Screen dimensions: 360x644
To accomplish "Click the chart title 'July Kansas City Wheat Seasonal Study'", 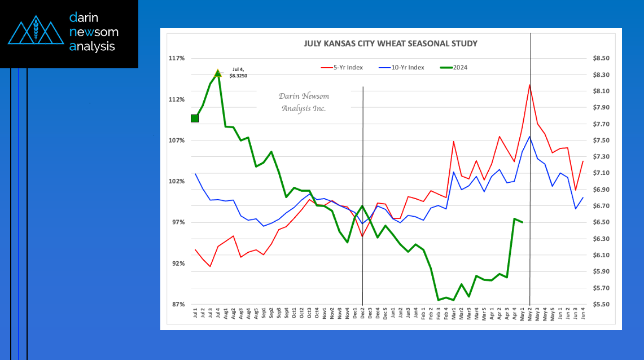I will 391,43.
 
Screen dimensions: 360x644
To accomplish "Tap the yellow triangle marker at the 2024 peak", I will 218,73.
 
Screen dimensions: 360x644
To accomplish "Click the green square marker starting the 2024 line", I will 195,118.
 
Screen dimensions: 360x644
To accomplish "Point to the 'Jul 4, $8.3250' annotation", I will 238,73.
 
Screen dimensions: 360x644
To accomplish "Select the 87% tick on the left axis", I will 177,305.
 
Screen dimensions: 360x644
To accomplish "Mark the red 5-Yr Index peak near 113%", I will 529,85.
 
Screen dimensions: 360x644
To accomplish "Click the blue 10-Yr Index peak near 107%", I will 529,137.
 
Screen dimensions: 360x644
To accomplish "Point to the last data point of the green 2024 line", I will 522,222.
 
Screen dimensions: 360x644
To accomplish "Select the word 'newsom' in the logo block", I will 94,32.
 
